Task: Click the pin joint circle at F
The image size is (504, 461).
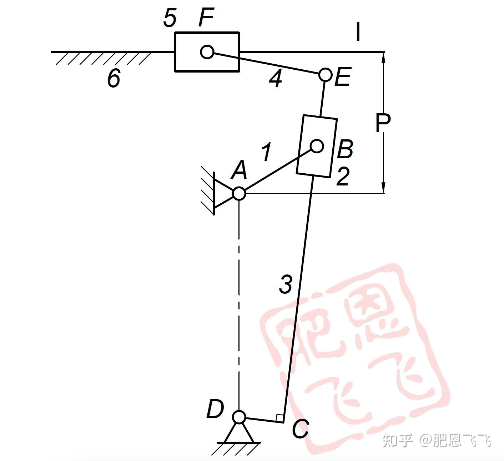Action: tap(207, 52)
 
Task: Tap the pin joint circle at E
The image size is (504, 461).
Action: tap(325, 75)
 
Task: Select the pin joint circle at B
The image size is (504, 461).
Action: tap(317, 146)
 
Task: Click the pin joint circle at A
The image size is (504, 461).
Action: tap(239, 193)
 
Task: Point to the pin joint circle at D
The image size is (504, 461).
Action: tap(239, 417)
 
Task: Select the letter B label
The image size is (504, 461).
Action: tap(345, 149)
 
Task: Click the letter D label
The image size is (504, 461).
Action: tap(215, 409)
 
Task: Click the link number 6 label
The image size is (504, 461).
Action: tap(114, 78)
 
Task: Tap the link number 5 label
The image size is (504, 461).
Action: tap(170, 18)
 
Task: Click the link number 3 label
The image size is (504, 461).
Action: tap(286, 284)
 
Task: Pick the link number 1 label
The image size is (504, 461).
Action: tap(266, 152)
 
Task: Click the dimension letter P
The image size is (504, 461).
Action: tap(383, 123)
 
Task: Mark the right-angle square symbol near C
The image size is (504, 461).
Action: tap(280, 417)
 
